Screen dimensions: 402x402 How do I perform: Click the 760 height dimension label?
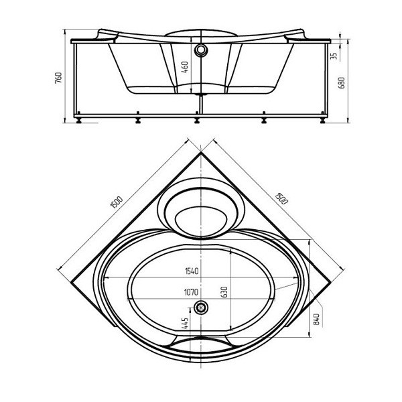tap(59, 78)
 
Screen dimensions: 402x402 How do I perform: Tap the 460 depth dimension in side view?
tap(185, 66)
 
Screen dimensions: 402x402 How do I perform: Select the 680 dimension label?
tap(342, 82)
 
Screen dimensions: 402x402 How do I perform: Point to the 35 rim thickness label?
tap(334, 56)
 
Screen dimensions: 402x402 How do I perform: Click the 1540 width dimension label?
tap(192, 271)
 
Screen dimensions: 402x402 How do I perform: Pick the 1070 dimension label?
tap(191, 292)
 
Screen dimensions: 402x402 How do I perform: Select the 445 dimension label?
tap(185, 323)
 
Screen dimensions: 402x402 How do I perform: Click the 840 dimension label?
tap(317, 319)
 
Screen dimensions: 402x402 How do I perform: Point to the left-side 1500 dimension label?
tap(117, 202)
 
